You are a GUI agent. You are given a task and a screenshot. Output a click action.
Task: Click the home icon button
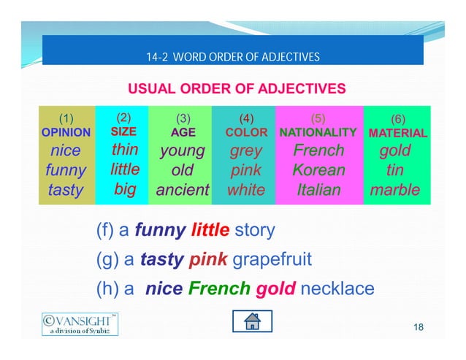pos(252,321)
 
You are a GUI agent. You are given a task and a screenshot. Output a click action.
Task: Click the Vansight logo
pos(79,323)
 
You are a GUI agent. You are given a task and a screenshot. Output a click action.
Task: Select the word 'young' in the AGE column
pos(182,151)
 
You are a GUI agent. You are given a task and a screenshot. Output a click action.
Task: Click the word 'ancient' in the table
pos(182,191)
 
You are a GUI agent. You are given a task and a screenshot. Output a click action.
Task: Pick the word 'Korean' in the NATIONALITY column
pos(318,171)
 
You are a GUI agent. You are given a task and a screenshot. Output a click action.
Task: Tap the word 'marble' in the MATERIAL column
pos(395,191)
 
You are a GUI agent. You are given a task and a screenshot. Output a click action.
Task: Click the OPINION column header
pos(66,134)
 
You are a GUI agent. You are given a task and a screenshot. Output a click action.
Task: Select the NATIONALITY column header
pos(318,133)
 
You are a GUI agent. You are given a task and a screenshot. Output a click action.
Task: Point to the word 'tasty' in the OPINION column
pos(66,191)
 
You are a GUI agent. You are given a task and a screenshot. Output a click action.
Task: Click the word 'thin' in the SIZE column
pos(124,150)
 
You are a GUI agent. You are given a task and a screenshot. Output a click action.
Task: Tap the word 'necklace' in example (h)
pos(337,288)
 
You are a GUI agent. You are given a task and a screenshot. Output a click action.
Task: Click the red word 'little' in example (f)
pos(210,231)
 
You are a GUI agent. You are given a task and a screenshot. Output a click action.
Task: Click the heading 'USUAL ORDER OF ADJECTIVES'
pos(237,90)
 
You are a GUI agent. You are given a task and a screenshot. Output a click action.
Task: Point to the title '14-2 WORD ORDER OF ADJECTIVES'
pos(233,57)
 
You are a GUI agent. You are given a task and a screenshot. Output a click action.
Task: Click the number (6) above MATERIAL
pos(398,118)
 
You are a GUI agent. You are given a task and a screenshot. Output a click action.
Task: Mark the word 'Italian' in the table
pos(318,191)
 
